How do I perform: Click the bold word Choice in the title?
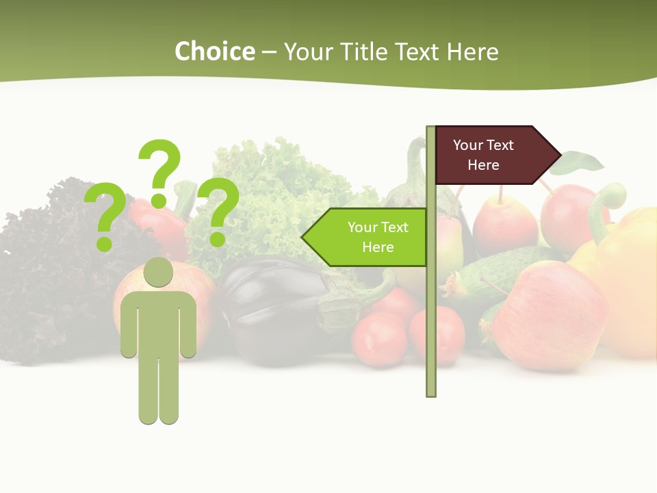point(214,51)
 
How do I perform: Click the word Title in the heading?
point(369,51)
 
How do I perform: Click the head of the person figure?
point(159,272)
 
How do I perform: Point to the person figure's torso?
point(159,322)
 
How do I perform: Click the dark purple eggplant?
point(270,308)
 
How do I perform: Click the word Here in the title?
point(472,51)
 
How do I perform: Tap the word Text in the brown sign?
point(500,145)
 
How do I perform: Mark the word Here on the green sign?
point(378,247)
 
